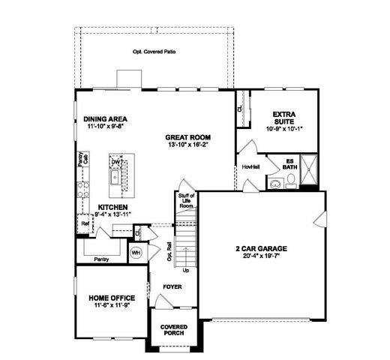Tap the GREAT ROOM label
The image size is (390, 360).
coord(188,138)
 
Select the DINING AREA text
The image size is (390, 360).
coord(105,119)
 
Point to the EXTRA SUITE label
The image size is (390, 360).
coord(283,118)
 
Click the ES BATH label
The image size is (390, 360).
coord(289,163)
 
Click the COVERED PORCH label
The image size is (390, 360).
coord(174,331)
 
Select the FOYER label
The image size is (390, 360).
coord(173,287)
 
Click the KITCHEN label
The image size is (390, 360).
coord(111,206)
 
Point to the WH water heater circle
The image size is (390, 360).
coord(136,253)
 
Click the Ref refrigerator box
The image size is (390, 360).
coord(85,223)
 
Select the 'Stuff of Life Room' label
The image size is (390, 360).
coord(187,200)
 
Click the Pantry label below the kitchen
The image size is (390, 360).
coord(102,259)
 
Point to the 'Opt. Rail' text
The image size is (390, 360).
coord(169,250)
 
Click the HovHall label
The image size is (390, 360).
coord(250,167)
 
